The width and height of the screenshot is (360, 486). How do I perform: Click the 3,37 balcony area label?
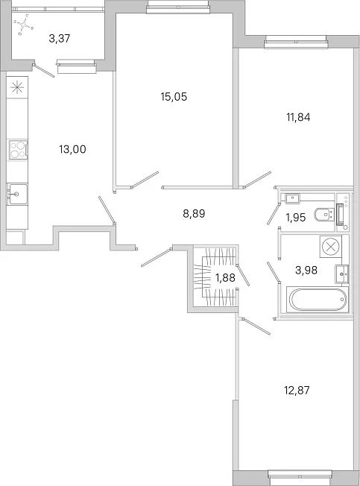point(60,39)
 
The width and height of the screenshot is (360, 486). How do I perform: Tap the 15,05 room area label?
point(174,97)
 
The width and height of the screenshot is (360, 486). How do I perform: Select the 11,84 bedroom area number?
point(298,117)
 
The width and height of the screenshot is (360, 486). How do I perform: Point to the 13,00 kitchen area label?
point(72,149)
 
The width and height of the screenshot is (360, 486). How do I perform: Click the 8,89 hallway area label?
point(194,213)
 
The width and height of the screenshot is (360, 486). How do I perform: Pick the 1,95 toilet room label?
point(296,218)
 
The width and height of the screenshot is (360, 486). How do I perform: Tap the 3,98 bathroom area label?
point(306,270)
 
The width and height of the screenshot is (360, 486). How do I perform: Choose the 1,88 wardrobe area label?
point(225,277)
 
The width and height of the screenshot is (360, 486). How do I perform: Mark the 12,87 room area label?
point(297,391)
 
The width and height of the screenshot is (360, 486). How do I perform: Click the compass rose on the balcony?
point(24,24)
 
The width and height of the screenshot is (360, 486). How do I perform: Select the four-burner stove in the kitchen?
point(18,150)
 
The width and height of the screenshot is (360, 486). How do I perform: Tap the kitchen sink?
point(17,194)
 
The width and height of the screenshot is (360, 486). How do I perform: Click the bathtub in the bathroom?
point(318,300)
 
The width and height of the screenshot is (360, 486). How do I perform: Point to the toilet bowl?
point(323,215)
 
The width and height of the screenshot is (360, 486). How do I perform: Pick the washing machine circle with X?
point(331,247)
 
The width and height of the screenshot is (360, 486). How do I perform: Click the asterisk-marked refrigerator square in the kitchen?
point(17,88)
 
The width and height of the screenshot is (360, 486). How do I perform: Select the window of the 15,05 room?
point(177,7)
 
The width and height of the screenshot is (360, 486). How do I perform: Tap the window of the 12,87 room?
point(300,478)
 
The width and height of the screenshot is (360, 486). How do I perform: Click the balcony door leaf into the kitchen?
point(44,70)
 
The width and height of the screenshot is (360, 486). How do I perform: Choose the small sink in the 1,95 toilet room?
point(292,198)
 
